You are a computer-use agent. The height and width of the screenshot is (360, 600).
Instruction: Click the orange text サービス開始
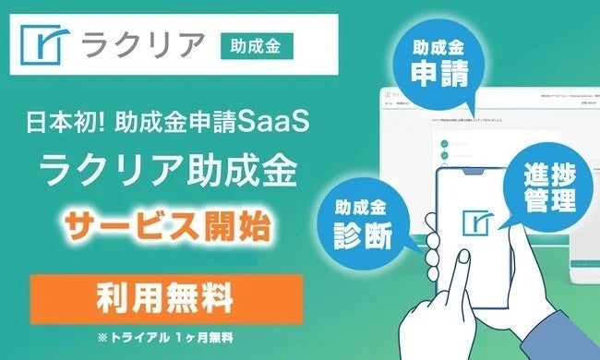coord(163,222)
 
